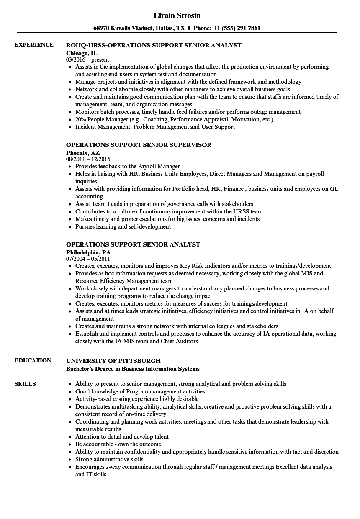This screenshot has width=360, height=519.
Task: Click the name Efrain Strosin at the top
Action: point(177,15)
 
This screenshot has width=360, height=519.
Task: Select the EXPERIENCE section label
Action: point(34,45)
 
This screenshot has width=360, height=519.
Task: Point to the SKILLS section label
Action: point(25,384)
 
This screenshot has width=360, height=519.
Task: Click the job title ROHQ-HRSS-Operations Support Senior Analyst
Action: point(154,45)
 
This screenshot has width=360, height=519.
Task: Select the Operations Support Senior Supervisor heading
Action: point(139,145)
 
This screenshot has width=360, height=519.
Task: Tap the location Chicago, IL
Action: point(82,53)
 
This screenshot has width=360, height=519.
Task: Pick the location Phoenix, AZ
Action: point(83,152)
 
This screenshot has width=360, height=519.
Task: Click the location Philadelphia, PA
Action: point(88,252)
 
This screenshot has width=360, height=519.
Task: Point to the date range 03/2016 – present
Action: point(87,59)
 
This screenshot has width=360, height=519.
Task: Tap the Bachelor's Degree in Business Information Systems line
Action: point(133,369)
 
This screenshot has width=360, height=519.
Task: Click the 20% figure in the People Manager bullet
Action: point(81,119)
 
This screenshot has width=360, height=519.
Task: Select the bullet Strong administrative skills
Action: point(109,459)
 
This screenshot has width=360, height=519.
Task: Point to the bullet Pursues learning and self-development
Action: point(123,226)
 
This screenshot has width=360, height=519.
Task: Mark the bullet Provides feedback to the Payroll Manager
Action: point(128,166)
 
